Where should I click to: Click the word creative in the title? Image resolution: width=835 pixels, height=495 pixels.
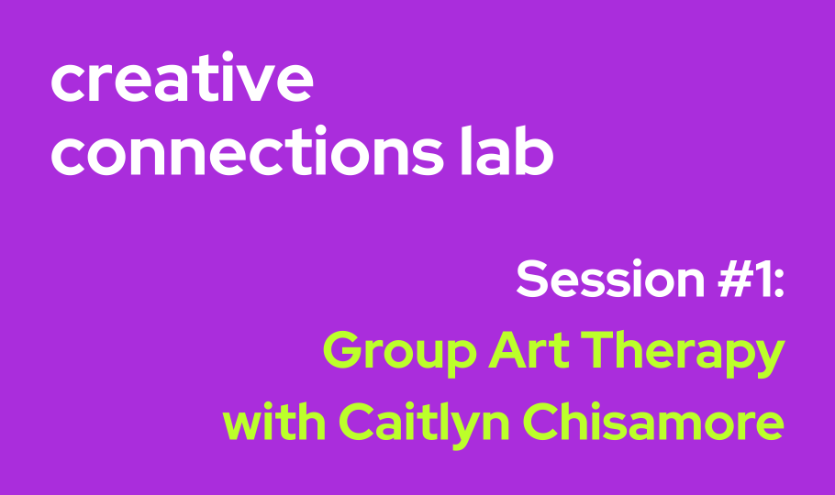pyautogui.click(x=182, y=77)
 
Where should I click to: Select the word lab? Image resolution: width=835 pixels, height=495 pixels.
pyautogui.click(x=507, y=150)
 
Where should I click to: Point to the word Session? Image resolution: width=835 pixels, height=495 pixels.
pyautogui.click(x=611, y=278)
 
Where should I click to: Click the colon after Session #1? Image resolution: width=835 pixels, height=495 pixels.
pyautogui.click(x=778, y=283)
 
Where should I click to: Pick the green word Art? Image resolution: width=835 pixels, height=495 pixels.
pyautogui.click(x=529, y=349)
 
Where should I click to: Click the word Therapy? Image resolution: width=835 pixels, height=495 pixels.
pyautogui.click(x=683, y=354)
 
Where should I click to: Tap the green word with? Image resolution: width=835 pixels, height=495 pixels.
pyautogui.click(x=274, y=422)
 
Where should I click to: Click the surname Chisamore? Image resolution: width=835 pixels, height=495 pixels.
pyautogui.click(x=653, y=422)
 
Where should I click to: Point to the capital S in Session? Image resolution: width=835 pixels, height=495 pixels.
pyautogui.click(x=532, y=278)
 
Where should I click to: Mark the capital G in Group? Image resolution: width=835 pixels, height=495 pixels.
pyautogui.click(x=342, y=349)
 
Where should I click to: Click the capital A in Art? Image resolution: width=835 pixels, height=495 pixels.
pyautogui.click(x=508, y=349)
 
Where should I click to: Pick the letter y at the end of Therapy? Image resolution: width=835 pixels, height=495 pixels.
pyautogui.click(x=766, y=359)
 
